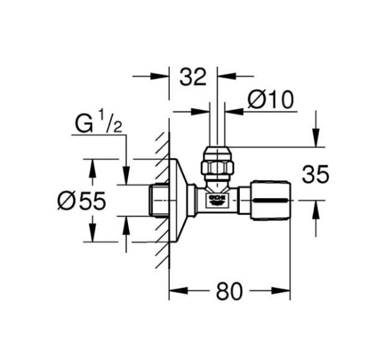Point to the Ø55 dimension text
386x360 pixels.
click(81, 201)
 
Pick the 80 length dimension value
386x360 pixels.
click(229, 291)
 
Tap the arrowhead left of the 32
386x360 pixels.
click(163, 76)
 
